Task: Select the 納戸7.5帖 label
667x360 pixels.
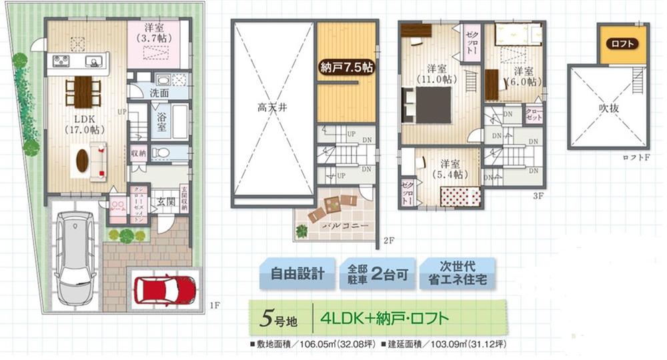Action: coord(345,67)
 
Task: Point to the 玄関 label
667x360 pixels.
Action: coord(165,201)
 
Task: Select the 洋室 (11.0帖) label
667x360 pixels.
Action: coord(438,73)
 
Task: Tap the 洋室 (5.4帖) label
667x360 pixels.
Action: coord(447,168)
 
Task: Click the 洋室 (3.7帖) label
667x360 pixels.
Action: coord(161,33)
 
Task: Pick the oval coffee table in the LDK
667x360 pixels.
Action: coord(82,160)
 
